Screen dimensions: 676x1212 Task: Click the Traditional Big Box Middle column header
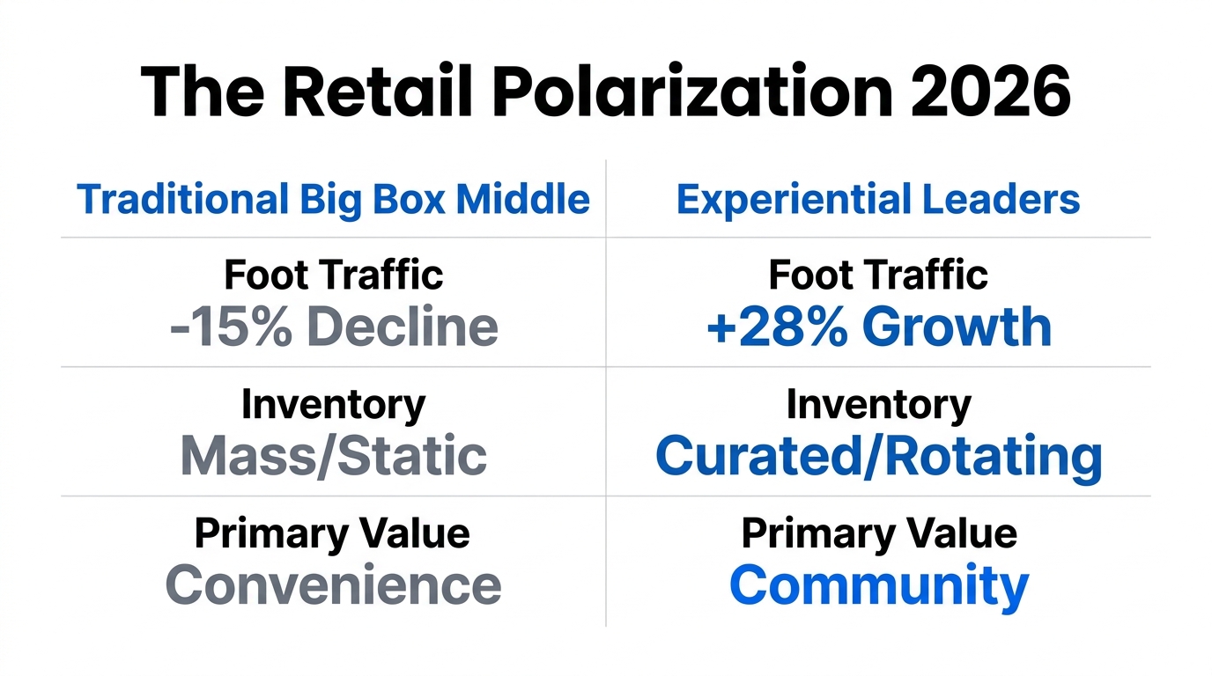(333, 200)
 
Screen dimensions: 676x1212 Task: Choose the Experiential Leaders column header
(877, 200)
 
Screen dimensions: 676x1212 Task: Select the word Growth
(957, 327)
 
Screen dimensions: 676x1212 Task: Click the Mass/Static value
(333, 455)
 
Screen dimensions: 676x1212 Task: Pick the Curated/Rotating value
(878, 455)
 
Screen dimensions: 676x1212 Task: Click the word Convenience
(333, 585)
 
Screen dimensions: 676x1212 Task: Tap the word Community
(878, 585)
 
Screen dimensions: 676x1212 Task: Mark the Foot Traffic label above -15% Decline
(333, 275)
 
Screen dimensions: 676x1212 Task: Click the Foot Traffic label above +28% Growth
(878, 275)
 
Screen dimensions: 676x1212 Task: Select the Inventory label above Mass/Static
(333, 405)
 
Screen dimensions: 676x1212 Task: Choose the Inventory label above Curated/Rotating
(878, 405)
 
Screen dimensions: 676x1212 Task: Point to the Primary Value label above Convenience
(333, 533)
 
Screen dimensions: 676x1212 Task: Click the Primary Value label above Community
(878, 533)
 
